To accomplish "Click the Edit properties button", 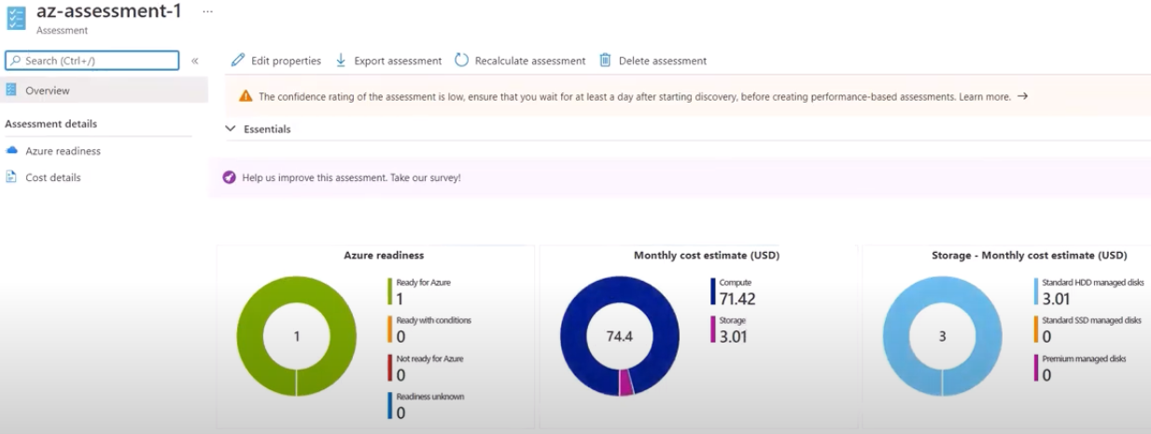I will pos(276,61).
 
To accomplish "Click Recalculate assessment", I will pos(520,61).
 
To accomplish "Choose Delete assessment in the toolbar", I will pos(653,61).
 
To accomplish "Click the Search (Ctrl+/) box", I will pos(91,61).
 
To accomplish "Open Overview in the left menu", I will pos(48,91).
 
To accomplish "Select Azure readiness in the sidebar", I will pos(63,150).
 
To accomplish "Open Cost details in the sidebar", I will pos(53,177).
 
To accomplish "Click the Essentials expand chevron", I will pos(231,129).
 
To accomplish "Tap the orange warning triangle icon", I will pos(246,96).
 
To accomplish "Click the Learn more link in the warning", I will pos(985,96).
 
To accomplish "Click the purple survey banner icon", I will pos(230,177).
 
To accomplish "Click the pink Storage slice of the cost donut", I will pos(625,382).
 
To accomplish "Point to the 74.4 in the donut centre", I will pos(620,337).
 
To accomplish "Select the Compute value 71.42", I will pos(738,299).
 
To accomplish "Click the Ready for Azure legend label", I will pos(423,282).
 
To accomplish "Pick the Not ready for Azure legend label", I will pos(429,358).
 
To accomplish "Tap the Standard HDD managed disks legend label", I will pos(1090,282).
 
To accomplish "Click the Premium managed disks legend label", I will pos(1082,358).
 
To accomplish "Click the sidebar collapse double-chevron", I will pos(195,61).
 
